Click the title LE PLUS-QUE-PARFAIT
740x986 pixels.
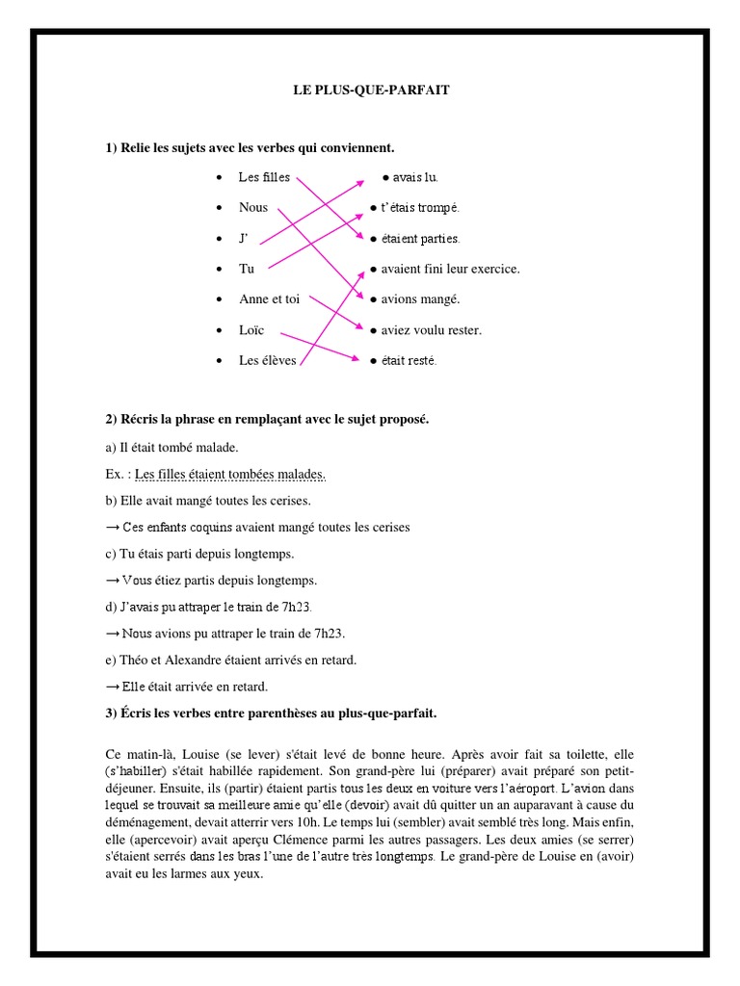click(371, 91)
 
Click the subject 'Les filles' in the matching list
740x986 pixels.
click(263, 177)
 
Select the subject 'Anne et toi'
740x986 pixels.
click(269, 299)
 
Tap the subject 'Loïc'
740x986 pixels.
click(251, 330)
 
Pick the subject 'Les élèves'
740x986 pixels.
click(268, 361)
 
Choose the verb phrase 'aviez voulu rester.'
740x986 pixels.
click(431, 330)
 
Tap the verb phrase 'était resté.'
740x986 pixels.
click(409, 361)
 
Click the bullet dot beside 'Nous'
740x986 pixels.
click(221, 208)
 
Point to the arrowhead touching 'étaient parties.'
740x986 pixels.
click(364, 237)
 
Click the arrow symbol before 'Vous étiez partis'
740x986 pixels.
click(112, 581)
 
